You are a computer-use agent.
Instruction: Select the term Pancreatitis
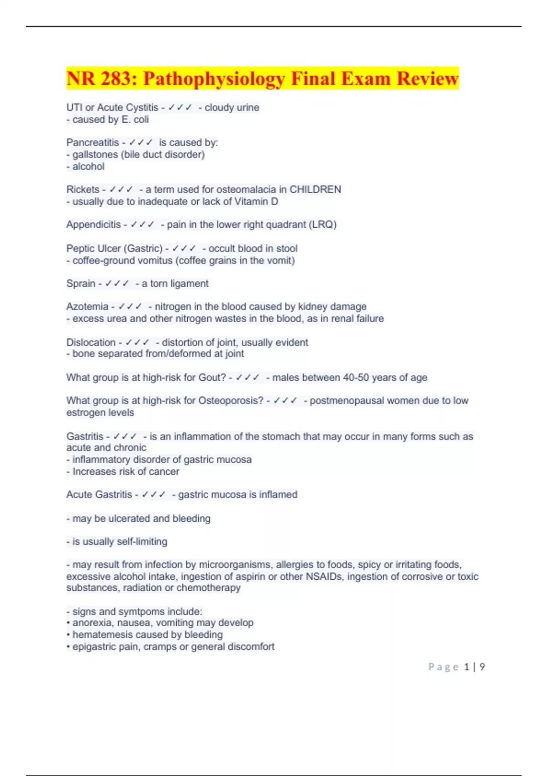[x=92, y=142]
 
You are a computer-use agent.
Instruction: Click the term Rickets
[x=83, y=189]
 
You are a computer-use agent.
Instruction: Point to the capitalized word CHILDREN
[x=315, y=189]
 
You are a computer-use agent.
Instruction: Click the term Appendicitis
[x=93, y=225]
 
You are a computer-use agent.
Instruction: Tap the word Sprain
[x=81, y=283]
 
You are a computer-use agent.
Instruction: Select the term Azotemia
[x=87, y=306]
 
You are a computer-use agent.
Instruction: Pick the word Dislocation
[x=91, y=342]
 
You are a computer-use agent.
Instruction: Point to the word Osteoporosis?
[x=231, y=400]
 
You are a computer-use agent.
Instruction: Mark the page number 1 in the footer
[x=467, y=667]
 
